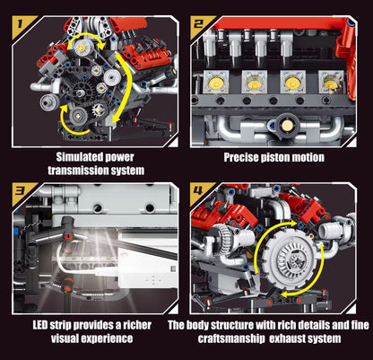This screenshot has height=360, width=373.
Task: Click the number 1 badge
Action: click(16, 14)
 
